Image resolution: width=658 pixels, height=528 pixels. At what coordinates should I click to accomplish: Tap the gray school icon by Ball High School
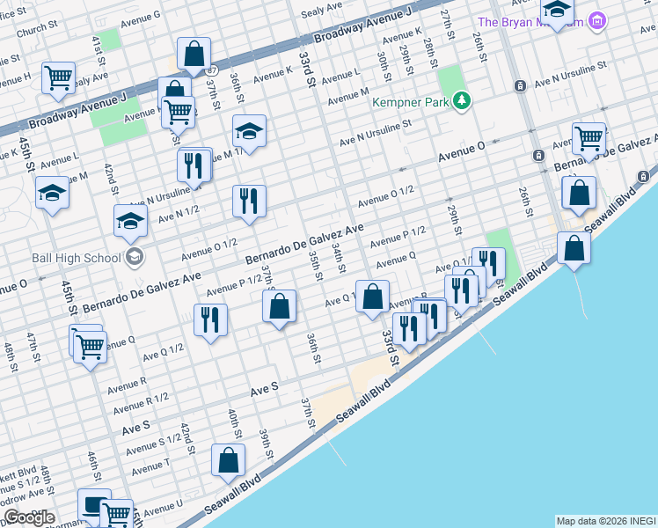134,257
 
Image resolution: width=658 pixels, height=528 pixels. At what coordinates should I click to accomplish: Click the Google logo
28,517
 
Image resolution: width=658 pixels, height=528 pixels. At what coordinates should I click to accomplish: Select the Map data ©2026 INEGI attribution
605,521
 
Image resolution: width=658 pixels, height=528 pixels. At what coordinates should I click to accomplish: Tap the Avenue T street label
150,464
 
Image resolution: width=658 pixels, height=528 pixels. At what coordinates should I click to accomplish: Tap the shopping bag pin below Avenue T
228,460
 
